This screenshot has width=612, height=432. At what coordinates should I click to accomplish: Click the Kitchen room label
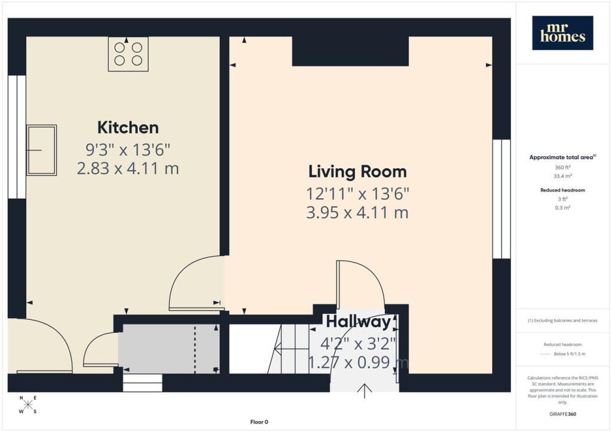click(128, 127)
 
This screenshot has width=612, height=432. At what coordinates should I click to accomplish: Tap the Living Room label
click(357, 171)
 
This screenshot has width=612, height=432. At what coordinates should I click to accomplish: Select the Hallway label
click(359, 322)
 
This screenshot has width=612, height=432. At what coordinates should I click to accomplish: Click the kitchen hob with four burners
click(128, 54)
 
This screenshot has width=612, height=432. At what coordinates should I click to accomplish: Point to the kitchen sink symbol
click(42, 150)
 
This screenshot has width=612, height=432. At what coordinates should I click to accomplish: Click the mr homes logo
click(562, 33)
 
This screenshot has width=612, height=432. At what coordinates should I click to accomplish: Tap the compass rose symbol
click(27, 405)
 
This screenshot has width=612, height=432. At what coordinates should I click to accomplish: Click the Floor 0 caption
click(259, 422)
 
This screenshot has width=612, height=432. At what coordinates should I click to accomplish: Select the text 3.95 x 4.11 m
click(357, 212)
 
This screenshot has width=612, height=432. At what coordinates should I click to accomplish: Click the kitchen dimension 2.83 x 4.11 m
click(128, 169)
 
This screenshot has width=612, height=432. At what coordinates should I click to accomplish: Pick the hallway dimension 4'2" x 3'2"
click(358, 344)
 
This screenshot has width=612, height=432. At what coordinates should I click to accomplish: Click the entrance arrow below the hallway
click(365, 391)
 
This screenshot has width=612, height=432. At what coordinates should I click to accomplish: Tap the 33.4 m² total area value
click(562, 176)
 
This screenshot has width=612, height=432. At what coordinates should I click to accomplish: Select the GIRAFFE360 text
click(562, 414)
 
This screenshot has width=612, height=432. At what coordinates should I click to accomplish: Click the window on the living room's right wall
click(501, 199)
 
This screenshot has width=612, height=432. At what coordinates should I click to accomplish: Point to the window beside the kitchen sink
click(17, 137)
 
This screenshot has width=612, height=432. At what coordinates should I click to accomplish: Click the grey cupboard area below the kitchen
click(169, 348)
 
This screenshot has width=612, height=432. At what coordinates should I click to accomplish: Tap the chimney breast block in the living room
click(350, 51)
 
